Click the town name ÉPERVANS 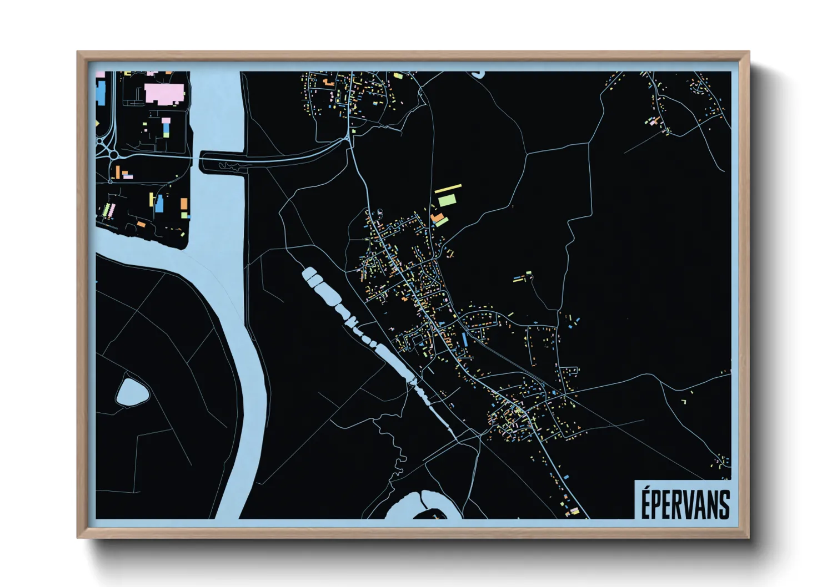685,504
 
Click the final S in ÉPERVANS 724,504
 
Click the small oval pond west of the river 132,393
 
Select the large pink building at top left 164,93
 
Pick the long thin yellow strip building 448,189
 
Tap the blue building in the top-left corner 101,92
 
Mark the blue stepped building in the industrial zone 160,204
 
